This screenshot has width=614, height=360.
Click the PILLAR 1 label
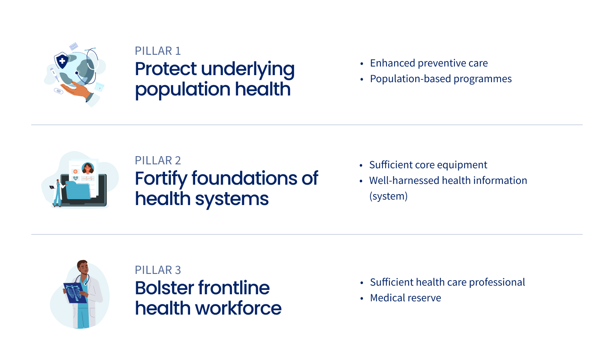158,51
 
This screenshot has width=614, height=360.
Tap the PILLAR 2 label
158,160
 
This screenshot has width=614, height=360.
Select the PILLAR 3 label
158,270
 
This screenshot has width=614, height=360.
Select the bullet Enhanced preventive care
429,63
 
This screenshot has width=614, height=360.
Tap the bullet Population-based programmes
441,79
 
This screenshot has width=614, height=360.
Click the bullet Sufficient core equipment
428,165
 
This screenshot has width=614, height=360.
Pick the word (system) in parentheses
388,196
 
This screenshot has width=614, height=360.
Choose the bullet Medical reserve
406,298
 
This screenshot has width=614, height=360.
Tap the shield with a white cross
62,60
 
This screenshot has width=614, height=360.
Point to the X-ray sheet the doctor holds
75,293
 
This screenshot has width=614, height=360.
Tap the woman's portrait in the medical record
88,168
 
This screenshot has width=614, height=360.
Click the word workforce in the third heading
238,308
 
